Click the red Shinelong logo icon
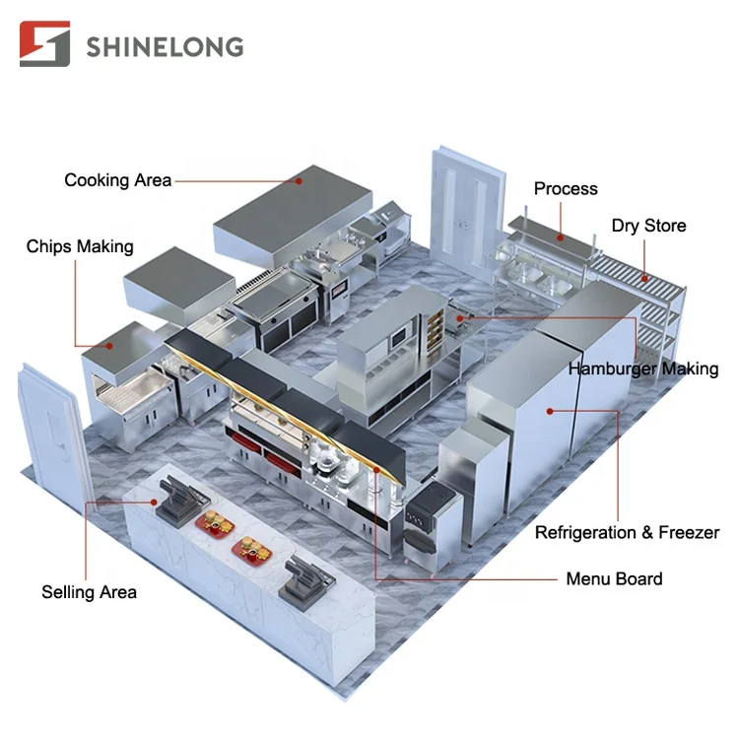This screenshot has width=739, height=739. click(44, 43)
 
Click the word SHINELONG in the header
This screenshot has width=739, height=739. click(165, 47)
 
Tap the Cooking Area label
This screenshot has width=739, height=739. click(118, 180)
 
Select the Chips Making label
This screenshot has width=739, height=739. click(80, 246)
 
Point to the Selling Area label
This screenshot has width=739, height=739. click(89, 592)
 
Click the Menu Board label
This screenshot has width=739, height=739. click(614, 578)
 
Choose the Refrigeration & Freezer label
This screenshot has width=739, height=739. click(627, 532)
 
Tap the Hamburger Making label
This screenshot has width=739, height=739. click(643, 369)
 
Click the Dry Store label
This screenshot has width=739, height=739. click(648, 226)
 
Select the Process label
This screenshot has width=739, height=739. click(566, 188)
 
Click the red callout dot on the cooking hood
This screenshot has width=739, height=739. click(299, 181)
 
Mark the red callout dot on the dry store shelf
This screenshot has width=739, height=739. click(644, 279)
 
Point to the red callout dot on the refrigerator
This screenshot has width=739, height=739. click(550, 412)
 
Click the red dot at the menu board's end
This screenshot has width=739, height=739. click(376, 470)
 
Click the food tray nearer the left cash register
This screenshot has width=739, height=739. click(216, 524)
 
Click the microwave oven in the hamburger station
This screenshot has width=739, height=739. click(399, 337)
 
